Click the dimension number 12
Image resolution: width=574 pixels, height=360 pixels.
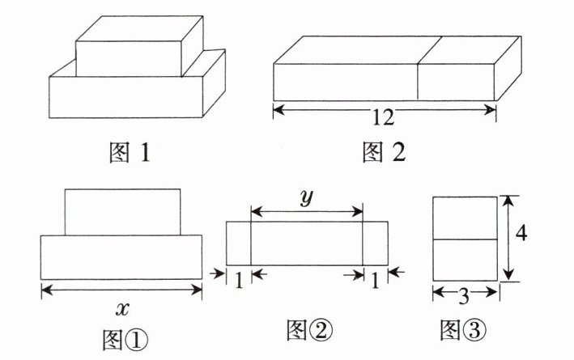click(384, 118)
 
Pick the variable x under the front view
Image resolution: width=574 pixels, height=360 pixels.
click(121, 307)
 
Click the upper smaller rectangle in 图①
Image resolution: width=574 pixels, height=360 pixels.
click(121, 212)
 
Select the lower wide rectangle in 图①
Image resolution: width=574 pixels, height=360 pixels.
click(121, 257)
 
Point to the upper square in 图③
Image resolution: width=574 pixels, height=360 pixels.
click(464, 217)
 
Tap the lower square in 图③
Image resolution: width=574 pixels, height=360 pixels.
click(464, 260)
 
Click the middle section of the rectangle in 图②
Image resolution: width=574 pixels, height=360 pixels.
click(307, 242)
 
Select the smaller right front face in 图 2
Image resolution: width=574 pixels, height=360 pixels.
click(456, 83)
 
